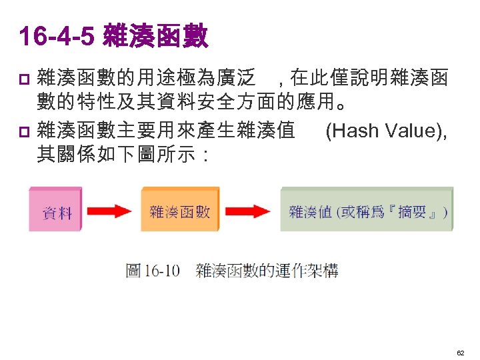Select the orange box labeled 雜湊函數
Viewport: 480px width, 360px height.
pyautogui.click(x=179, y=211)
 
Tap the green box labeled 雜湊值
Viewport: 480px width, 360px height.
pyautogui.click(x=366, y=211)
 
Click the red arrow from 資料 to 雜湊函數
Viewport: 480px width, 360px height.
pyautogui.click(x=110, y=211)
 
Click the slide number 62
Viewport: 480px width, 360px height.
pyautogui.click(x=460, y=350)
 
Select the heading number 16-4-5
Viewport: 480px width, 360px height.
pyautogui.click(x=57, y=37)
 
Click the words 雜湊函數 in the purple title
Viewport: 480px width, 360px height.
pyautogui.click(x=156, y=37)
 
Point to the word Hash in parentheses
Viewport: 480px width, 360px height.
pyautogui.click(x=352, y=131)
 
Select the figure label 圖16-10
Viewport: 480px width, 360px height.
pyautogui.click(x=153, y=271)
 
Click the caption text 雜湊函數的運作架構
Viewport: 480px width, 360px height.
pyautogui.click(x=267, y=271)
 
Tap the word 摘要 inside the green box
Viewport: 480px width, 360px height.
pyautogui.click(x=411, y=213)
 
